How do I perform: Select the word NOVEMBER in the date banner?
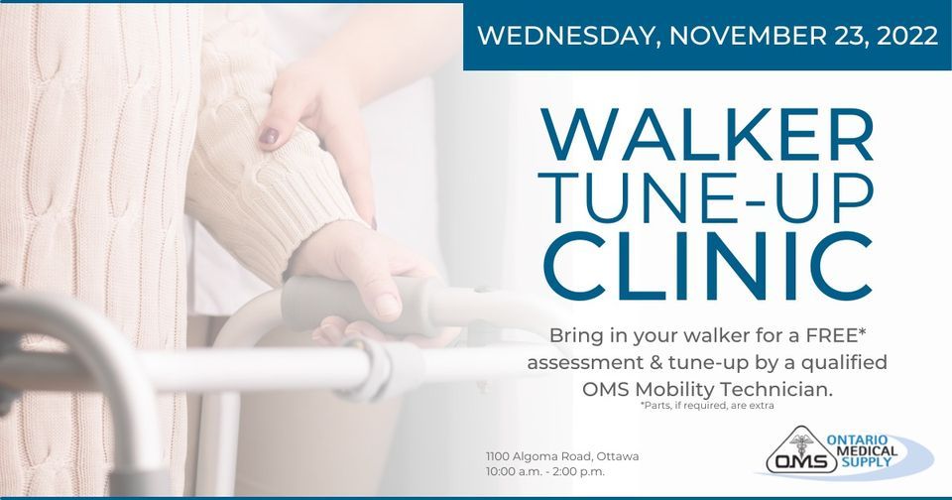(735, 36)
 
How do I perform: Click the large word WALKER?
(707, 139)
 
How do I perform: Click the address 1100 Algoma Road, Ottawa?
(561, 456)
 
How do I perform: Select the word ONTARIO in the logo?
(866, 438)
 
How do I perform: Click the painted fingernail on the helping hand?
(269, 135)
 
